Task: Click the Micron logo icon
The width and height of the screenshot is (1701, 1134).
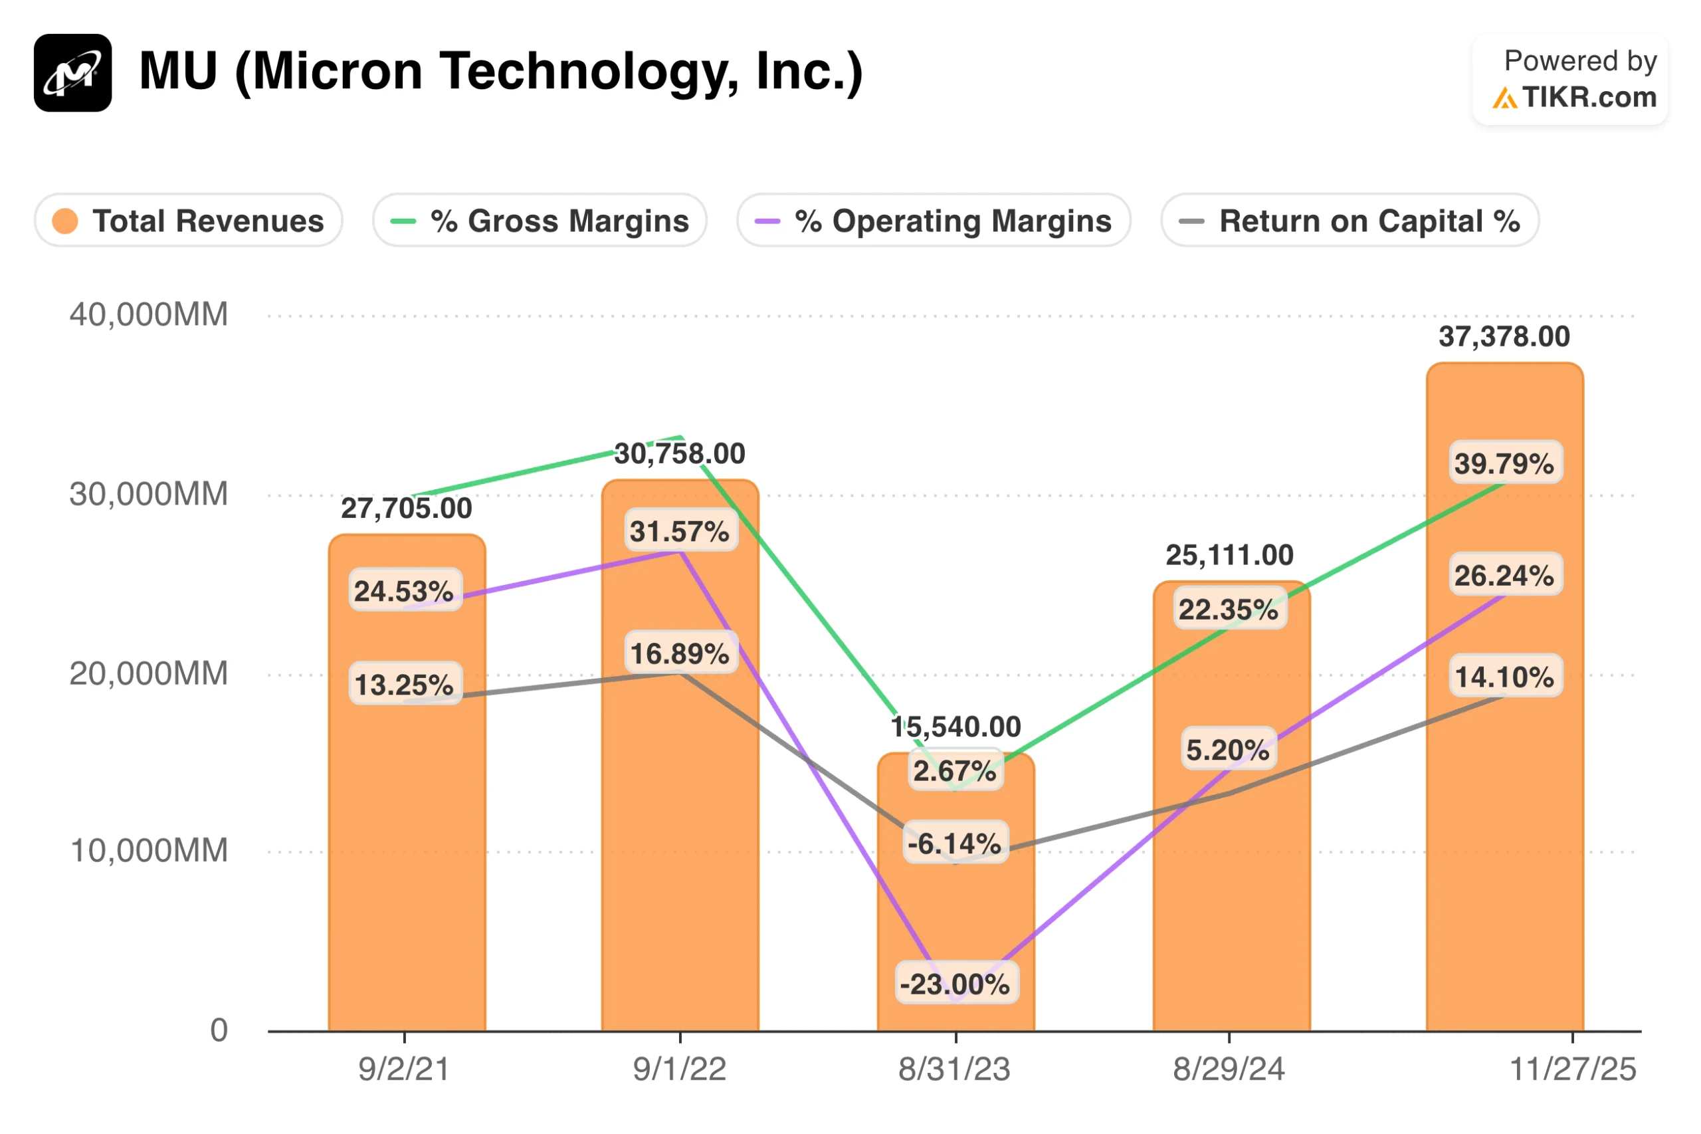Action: point(72,72)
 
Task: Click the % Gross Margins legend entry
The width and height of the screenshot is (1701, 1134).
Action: point(540,221)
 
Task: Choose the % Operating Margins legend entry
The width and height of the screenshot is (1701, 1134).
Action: point(934,221)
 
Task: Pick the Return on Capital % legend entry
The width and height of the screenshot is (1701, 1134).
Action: point(1349,221)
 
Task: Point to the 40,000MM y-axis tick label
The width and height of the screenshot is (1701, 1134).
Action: point(148,314)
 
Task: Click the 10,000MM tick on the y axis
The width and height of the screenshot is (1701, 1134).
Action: point(148,851)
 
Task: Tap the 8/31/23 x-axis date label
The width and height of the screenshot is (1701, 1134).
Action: point(954,1069)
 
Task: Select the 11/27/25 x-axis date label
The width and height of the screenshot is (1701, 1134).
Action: point(1572,1069)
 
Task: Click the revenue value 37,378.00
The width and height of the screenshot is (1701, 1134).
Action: point(1504,336)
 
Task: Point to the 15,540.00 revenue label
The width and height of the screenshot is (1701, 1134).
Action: point(955,727)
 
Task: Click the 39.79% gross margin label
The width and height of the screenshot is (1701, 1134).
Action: point(1504,463)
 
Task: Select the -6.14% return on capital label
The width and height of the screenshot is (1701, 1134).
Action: point(954,844)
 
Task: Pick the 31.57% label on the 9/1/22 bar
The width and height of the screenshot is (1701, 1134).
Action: point(680,532)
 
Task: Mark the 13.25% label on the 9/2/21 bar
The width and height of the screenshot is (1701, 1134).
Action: point(404,684)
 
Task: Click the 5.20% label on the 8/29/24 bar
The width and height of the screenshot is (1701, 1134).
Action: point(1228,750)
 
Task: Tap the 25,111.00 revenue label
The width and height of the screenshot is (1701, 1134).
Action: point(1229,555)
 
